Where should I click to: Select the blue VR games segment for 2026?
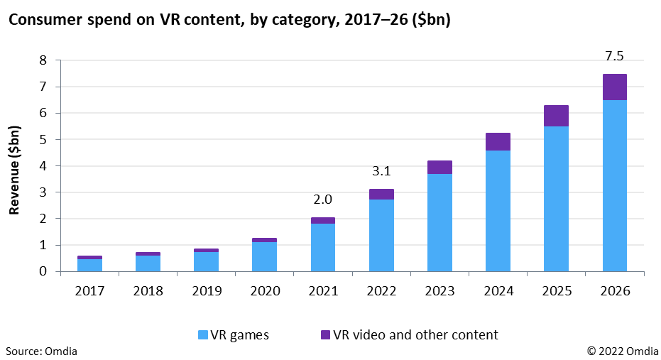(x=614, y=185)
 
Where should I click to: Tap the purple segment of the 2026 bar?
(x=614, y=87)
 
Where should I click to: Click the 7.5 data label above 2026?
(x=614, y=55)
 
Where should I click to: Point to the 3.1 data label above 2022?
(x=381, y=171)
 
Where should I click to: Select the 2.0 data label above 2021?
(x=323, y=200)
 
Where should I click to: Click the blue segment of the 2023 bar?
(x=439, y=222)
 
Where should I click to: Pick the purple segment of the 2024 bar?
(x=498, y=141)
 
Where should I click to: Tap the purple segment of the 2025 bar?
(x=556, y=116)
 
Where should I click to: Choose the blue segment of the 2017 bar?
(x=89, y=265)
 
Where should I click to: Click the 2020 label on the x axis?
(x=264, y=290)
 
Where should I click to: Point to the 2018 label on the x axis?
(x=148, y=290)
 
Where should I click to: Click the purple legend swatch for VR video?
(x=326, y=334)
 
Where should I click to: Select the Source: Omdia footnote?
(x=42, y=351)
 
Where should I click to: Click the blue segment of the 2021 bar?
(x=323, y=247)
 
